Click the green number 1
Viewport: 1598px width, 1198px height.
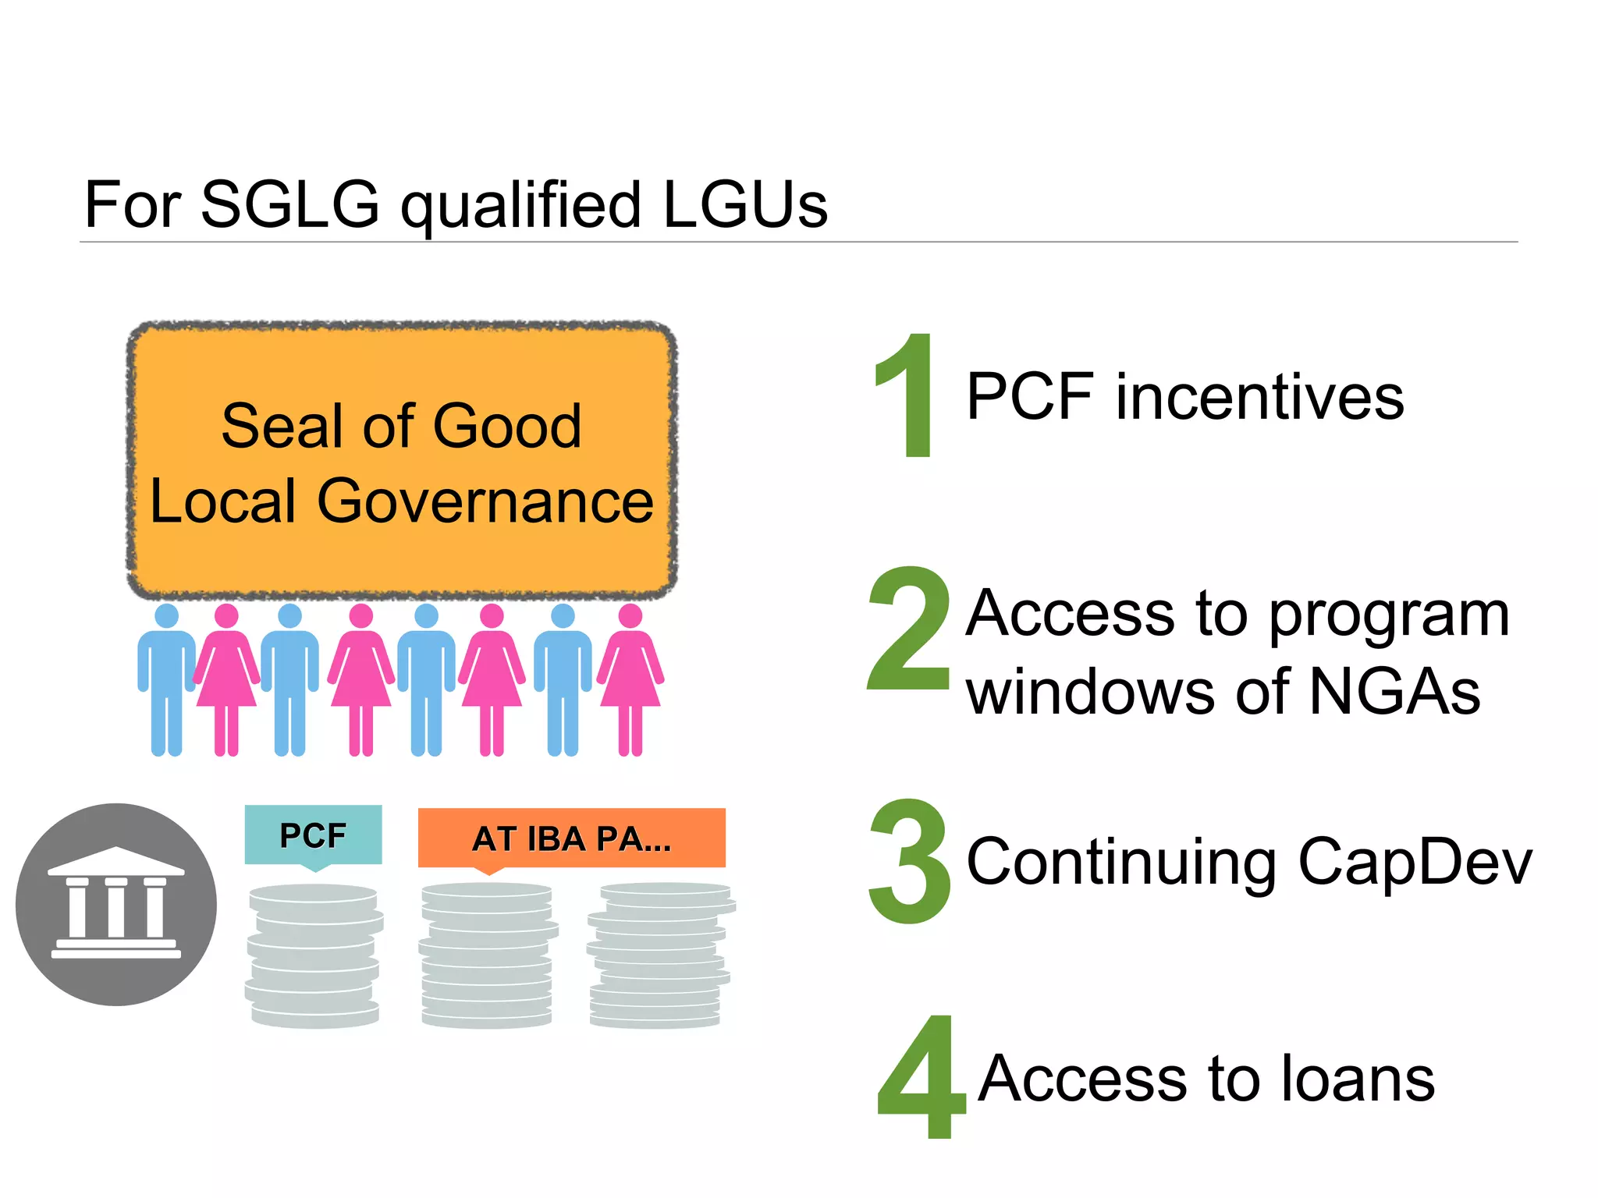[907, 395]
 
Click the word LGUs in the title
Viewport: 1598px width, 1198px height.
[745, 204]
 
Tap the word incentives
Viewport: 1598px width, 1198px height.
[1259, 397]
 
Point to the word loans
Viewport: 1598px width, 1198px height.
[1358, 1079]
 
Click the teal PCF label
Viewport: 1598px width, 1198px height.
[313, 835]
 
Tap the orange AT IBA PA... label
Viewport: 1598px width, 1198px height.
[571, 838]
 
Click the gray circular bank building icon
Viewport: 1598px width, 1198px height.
[116, 904]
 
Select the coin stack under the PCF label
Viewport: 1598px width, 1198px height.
[314, 955]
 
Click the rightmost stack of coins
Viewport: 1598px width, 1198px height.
[660, 955]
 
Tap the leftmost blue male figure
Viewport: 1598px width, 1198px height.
[166, 679]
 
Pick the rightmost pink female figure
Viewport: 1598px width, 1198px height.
[630, 679]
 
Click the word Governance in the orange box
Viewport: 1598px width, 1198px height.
[485, 501]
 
